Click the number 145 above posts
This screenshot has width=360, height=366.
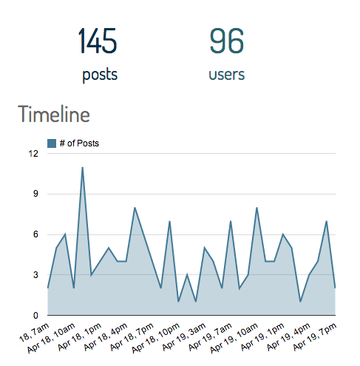pos(97,41)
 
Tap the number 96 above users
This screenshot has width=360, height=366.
pos(226,41)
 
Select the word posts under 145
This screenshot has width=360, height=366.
pos(100,75)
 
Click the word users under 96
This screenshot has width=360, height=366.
pos(227,75)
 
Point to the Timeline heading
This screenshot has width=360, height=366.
pos(54,115)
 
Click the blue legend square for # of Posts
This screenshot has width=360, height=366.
pos(52,143)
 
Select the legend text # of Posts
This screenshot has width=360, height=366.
pos(79,143)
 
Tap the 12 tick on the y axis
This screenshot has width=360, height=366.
pos(33,154)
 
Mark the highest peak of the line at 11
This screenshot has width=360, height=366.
pos(82,167)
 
